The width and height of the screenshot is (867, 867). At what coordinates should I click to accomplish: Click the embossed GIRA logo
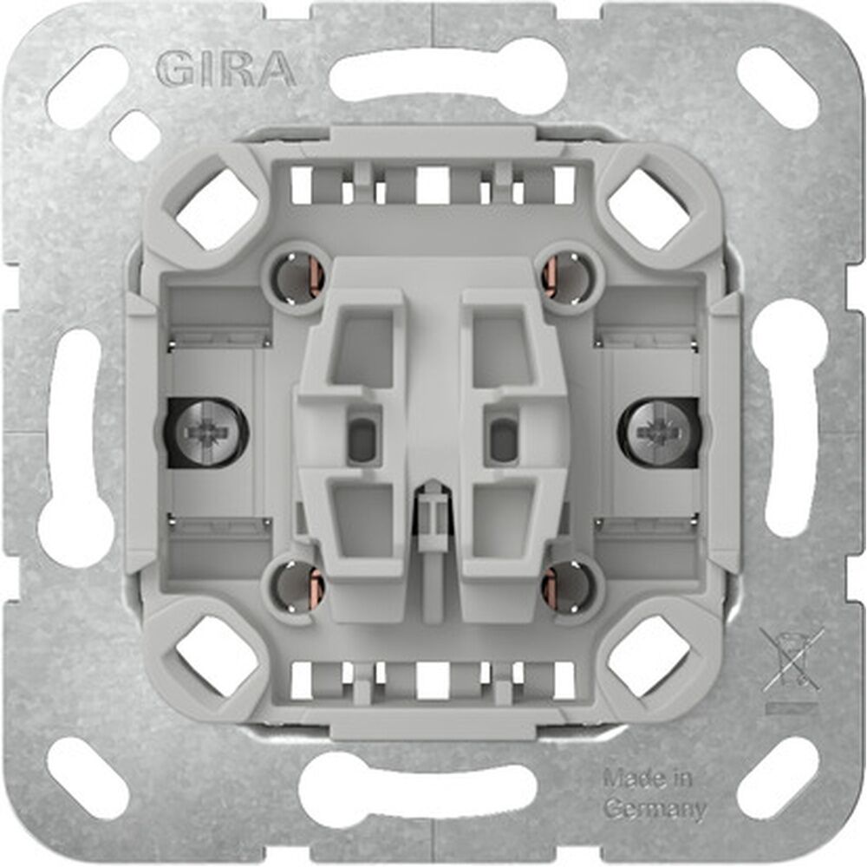[x=226, y=68]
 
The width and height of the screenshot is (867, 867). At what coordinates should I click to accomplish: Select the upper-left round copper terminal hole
[x=297, y=277]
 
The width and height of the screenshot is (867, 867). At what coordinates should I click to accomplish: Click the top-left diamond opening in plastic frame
[x=217, y=209]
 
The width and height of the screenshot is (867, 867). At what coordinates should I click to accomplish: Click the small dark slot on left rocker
[x=363, y=438]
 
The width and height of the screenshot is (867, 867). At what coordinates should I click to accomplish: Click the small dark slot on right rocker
[x=501, y=438]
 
